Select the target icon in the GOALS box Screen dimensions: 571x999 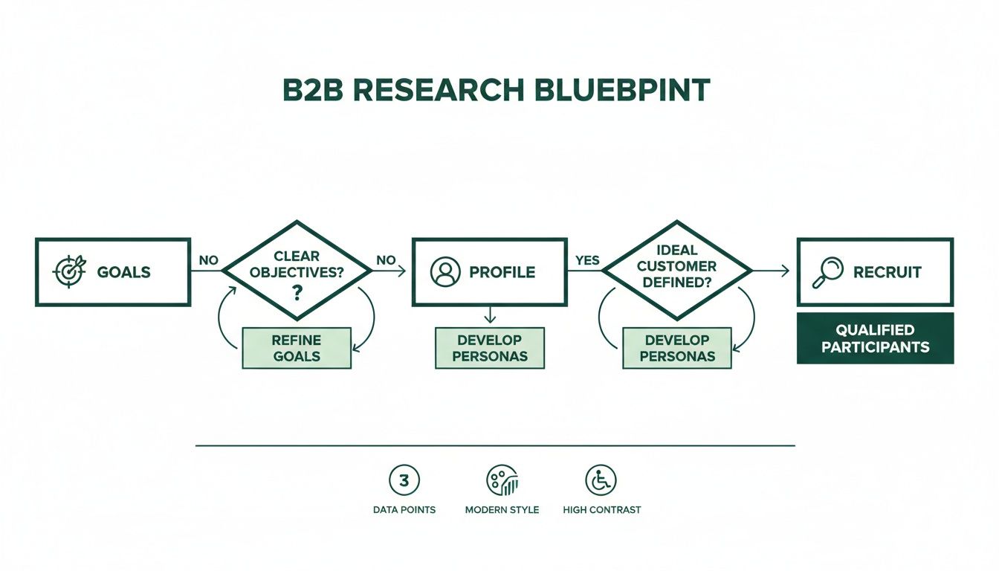tap(69, 272)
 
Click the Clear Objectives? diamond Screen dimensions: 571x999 tap(297, 272)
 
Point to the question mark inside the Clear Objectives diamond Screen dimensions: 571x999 tap(297, 292)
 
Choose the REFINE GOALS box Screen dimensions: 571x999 tap(297, 348)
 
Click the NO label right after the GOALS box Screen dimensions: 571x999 tap(208, 261)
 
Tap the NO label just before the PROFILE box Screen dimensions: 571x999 tap(386, 261)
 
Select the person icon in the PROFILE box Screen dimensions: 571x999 tap(445, 272)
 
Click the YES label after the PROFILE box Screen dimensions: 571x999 tap(587, 261)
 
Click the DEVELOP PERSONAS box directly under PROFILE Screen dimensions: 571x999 tap(489, 348)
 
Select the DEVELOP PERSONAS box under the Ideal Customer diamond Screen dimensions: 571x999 tap(676, 348)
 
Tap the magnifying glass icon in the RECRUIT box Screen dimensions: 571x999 tap(827, 272)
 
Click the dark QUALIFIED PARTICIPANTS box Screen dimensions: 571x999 tap(875, 338)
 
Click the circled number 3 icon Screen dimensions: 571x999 tap(404, 480)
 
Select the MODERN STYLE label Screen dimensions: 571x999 tap(502, 510)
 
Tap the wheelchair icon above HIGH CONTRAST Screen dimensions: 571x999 tap(601, 480)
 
